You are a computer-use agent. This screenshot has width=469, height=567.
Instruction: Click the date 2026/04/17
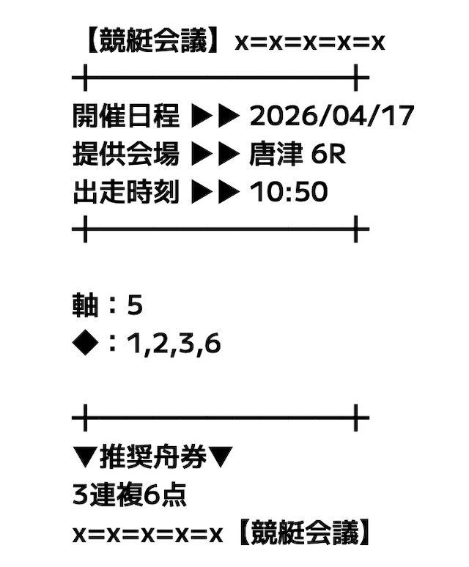pos(331,116)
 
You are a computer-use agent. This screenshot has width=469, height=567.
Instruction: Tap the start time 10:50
pos(289,192)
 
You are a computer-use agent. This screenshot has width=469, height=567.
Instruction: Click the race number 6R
pos(328,154)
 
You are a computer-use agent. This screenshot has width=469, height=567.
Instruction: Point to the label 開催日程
pos(126,116)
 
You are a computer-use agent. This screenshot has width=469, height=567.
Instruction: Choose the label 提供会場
pos(126,154)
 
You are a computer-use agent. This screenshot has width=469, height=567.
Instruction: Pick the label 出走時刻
pos(126,192)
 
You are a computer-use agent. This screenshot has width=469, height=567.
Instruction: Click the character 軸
pos(86,305)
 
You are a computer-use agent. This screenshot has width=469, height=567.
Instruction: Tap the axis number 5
pos(135,305)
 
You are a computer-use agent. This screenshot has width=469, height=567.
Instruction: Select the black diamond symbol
pos(85,343)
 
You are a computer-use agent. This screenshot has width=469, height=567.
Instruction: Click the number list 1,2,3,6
pos(174,344)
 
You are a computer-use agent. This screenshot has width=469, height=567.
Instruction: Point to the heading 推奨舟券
pos(152,456)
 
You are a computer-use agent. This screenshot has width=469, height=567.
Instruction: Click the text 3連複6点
pos(130,494)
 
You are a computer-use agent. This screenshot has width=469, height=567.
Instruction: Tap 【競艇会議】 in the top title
pos(152,41)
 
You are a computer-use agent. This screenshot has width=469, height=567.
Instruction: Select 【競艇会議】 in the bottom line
pos(304,533)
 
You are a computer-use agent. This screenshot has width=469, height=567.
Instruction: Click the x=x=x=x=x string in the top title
pos(309,42)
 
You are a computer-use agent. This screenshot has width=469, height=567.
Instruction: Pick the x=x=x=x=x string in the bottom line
pos(147,535)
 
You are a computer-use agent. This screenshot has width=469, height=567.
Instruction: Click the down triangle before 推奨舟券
pos(85,457)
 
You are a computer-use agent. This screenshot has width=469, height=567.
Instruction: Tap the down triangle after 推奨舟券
pos(221,457)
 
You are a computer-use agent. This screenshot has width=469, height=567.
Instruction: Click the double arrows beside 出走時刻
pos(215,192)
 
